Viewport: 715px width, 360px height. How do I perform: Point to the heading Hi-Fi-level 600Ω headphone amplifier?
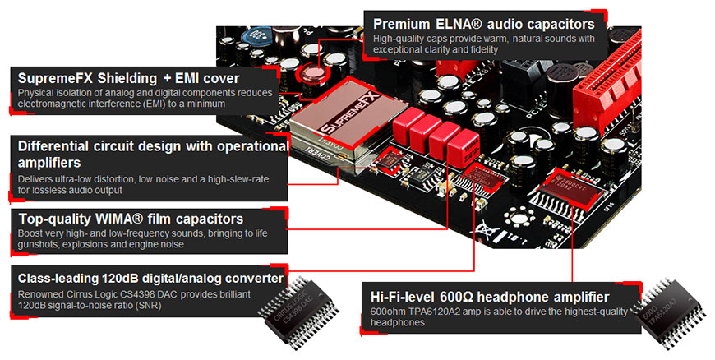pyautogui.click(x=490, y=296)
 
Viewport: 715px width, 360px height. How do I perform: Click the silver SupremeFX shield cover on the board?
pyautogui.click(x=329, y=127)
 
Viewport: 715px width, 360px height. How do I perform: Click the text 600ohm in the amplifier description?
pyautogui.click(x=389, y=312)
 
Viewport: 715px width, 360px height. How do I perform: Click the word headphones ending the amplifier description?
pyautogui.click(x=398, y=323)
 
